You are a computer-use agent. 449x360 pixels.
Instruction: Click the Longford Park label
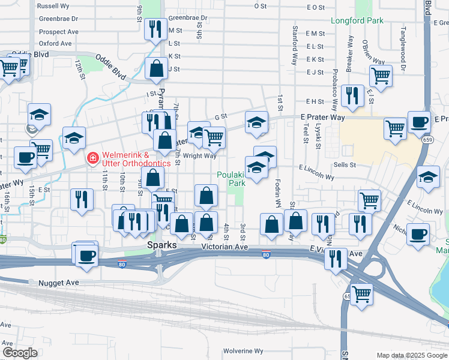357,20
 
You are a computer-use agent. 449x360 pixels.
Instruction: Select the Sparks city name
161,246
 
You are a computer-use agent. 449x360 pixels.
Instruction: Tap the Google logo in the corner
19,353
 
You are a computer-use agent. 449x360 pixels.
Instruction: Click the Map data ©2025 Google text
412,355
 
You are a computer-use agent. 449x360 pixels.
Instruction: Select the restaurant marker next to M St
156,28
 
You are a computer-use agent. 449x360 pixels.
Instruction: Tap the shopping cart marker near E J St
381,76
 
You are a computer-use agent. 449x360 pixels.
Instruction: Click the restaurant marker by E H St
351,95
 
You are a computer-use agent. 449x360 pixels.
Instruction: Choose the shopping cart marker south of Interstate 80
361,294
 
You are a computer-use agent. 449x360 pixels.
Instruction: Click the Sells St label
345,164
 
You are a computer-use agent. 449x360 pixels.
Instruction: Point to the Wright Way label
199,156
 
